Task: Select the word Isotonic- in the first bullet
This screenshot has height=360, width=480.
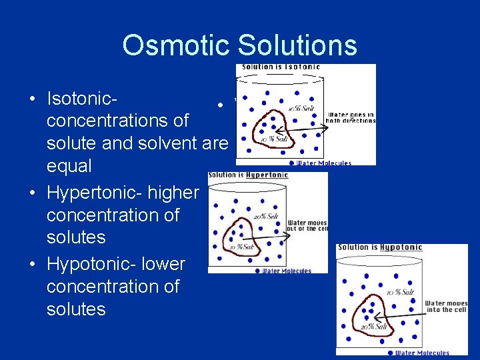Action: [x=83, y=98]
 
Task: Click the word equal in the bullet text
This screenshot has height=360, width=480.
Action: [x=69, y=165]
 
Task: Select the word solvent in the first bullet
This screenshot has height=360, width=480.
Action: [x=169, y=143]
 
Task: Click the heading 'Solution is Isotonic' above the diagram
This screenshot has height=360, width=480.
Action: [x=281, y=67]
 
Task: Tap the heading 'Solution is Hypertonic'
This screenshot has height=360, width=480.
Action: [x=248, y=175]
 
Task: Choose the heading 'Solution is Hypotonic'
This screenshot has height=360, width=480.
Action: [x=379, y=247]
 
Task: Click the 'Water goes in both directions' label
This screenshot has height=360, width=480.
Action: [x=350, y=117]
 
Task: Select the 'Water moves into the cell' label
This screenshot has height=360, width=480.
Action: [x=446, y=307]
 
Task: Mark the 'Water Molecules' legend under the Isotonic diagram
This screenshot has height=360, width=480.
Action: [x=324, y=162]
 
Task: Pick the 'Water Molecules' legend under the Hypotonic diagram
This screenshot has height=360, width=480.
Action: [x=422, y=353]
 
